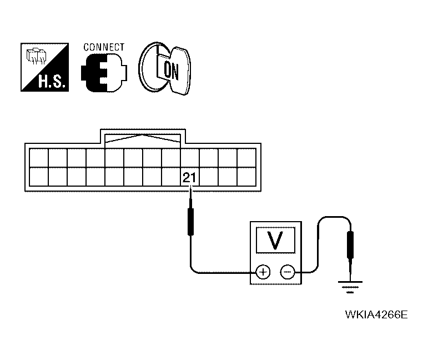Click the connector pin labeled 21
point(190,177)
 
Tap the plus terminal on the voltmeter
point(263,272)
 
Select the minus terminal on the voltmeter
point(288,272)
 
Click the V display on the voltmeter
point(275,240)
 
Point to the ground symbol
point(350,287)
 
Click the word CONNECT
point(104,47)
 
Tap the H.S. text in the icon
point(52,82)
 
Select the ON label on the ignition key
point(171,71)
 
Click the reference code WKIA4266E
point(376,314)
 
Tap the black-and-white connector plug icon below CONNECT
point(104,72)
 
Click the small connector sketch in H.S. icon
point(36,56)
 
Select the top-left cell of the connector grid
point(38,158)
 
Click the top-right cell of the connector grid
point(246,158)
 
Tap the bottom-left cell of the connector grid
point(38,177)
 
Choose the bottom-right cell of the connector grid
point(246,177)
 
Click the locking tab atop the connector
point(143,136)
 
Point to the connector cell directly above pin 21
point(190,158)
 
